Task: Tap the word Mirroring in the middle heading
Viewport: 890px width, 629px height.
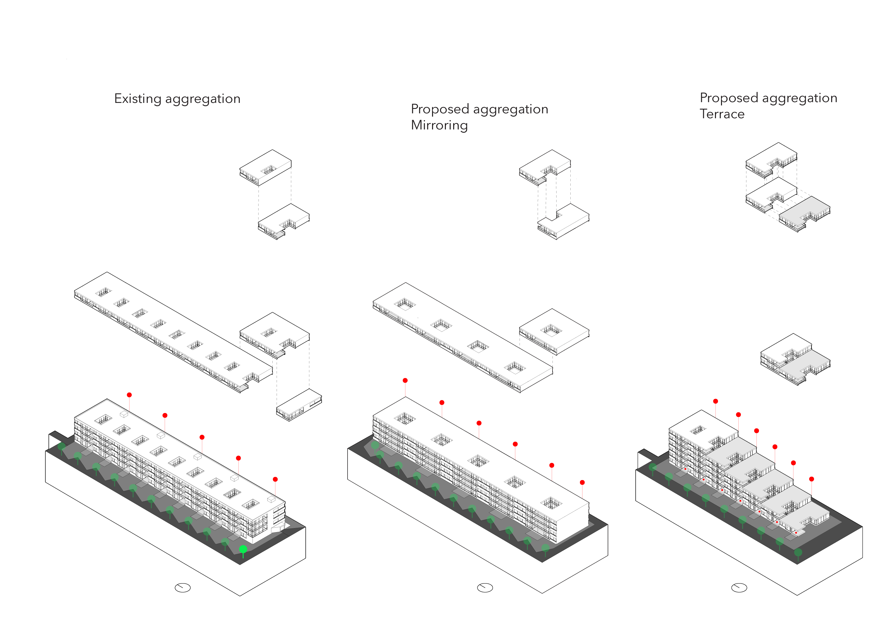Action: tap(439, 125)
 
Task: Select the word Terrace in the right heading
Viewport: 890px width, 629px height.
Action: tap(722, 114)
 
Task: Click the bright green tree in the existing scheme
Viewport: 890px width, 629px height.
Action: tap(243, 549)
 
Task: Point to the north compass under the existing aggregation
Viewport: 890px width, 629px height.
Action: tap(183, 588)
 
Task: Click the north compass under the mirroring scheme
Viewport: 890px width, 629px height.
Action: tap(485, 588)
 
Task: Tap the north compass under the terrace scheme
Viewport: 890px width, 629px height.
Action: tap(739, 588)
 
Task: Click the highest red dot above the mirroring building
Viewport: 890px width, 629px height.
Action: tap(405, 380)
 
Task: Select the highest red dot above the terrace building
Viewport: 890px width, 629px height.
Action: tap(715, 401)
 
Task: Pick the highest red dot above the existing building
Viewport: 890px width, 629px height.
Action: tap(130, 395)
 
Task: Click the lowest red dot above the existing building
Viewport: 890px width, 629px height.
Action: tap(275, 479)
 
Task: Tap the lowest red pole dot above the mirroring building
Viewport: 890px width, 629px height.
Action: tap(582, 482)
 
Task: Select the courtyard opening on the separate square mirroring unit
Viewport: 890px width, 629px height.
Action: tap(552, 330)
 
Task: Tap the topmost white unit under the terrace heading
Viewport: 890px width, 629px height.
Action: tap(771, 159)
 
